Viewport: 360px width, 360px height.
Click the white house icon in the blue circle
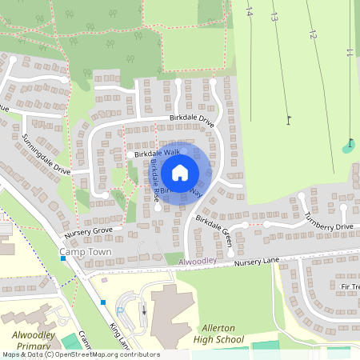(180, 172)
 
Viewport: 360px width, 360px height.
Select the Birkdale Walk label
(158, 152)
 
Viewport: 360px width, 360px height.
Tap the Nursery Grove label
(90, 230)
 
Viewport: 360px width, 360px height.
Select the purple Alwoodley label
(198, 262)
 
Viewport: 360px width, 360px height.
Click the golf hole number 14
(249, 12)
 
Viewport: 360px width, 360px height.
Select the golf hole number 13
(274, 16)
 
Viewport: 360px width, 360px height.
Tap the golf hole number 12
(312, 35)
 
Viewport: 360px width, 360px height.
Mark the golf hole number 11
(350, 54)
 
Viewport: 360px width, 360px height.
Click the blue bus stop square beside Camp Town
(62, 258)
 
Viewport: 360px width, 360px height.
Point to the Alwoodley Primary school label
(32, 340)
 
